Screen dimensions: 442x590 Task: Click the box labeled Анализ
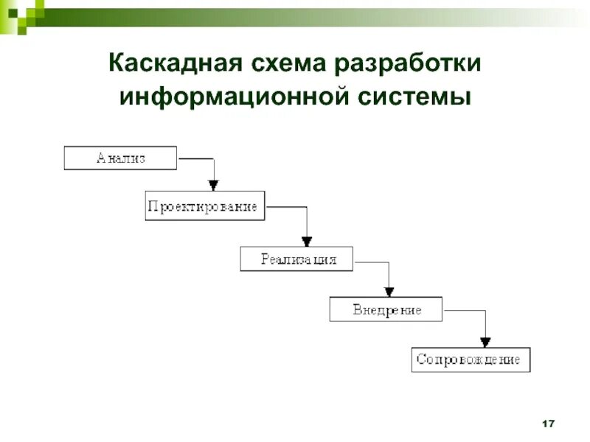pyautogui.click(x=120, y=158)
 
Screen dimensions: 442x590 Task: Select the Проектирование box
pyautogui.click(x=204, y=207)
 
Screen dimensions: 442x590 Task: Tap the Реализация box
pyautogui.click(x=296, y=259)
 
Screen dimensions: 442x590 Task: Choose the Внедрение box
pyautogui.click(x=386, y=309)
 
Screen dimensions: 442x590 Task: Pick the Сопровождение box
pyautogui.click(x=471, y=359)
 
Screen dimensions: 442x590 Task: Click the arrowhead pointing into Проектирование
pyautogui.click(x=213, y=185)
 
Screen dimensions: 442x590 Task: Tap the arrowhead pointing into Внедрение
pyautogui.click(x=390, y=290)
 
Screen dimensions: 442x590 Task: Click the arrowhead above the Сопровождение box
pyautogui.click(x=485, y=340)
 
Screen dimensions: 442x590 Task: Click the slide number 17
pyautogui.click(x=547, y=424)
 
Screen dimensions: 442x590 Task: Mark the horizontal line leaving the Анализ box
pyautogui.click(x=195, y=158)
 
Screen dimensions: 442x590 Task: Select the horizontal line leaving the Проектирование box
pyautogui.click(x=286, y=207)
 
